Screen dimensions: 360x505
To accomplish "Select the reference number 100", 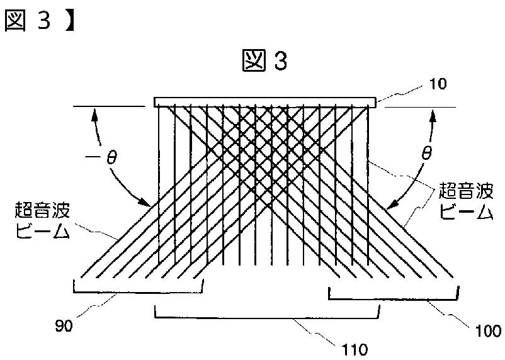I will click(x=487, y=329).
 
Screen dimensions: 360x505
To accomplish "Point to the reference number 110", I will click(x=353, y=348).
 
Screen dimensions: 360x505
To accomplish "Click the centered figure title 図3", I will click(x=264, y=61).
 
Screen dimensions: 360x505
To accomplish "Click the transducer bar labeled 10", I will click(x=264, y=102).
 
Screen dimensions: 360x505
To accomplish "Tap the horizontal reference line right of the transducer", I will click(x=419, y=107).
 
